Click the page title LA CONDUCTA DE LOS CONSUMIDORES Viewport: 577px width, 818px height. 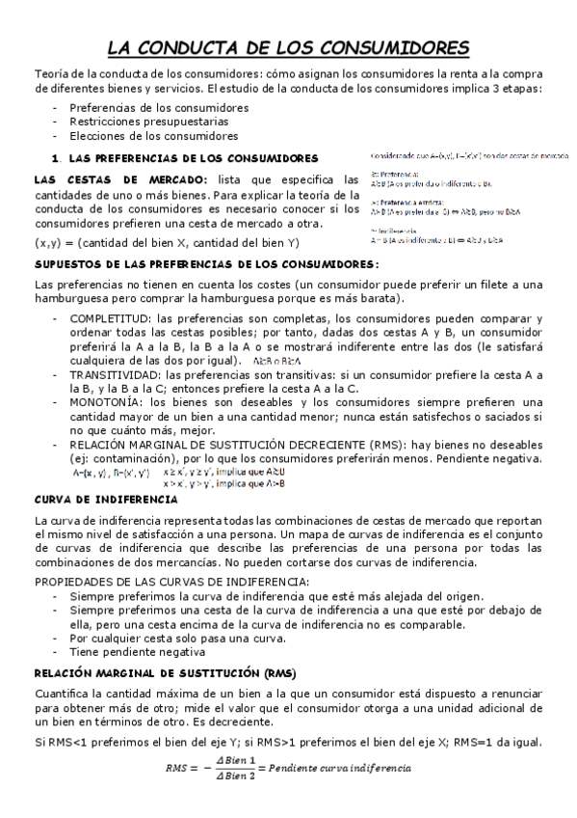click(x=288, y=47)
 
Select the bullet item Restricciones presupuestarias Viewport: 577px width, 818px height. click(x=148, y=123)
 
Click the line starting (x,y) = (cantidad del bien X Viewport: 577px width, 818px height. click(x=166, y=241)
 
